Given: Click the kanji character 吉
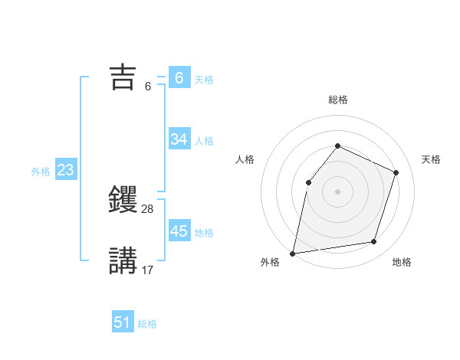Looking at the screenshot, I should pos(123,77).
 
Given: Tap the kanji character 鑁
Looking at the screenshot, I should pos(123,201).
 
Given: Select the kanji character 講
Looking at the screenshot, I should pos(123,260).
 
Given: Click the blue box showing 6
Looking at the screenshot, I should pos(179,77).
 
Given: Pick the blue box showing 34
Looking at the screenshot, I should pos(179,139).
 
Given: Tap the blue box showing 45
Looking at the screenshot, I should pos(179,231).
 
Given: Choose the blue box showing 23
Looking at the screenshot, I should pos(65,170).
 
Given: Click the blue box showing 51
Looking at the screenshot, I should pos(123,322).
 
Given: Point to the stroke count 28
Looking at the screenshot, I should pos(148,209).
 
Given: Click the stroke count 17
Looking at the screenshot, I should pos(148,270).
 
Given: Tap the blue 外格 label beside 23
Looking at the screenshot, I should pos(41,172).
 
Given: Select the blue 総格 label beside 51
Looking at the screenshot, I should pos(147,324).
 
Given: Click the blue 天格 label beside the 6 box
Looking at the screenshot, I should pos(204,79).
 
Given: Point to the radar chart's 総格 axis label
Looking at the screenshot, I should pos(337,100).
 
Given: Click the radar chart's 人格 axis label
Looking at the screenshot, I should pos(245,159).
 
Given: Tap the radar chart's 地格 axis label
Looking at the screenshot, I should pos(402,262).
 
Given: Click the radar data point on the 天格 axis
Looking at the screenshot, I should pos(396,172).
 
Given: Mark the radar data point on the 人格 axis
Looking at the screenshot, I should pos(308,182).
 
